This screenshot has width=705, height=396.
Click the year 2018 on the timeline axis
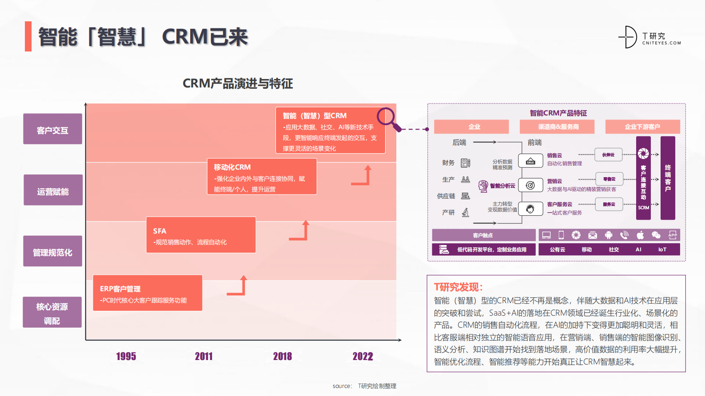click(283, 356)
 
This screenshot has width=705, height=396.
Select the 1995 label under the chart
click(126, 356)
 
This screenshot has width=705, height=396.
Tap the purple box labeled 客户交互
click(52, 130)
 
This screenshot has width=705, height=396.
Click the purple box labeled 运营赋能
click(53, 191)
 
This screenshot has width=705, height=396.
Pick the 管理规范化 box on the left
click(52, 252)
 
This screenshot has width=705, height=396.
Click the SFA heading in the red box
click(159, 231)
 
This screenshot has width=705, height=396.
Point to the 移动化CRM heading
click(232, 167)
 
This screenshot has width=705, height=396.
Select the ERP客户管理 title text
click(120, 289)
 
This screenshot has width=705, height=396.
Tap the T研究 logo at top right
click(649, 37)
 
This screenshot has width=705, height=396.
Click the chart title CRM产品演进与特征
click(238, 83)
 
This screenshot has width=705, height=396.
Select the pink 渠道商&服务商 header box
click(558, 127)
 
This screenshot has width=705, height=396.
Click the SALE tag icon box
click(530, 161)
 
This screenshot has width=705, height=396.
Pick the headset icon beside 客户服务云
click(530, 209)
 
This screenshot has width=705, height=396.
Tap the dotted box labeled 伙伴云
click(609, 154)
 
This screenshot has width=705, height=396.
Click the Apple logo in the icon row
click(640, 235)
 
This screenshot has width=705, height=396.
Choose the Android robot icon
click(609, 235)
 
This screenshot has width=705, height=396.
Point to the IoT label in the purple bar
click(662, 249)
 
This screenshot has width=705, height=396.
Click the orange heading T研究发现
click(458, 287)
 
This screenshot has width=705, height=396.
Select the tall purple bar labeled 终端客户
click(668, 178)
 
